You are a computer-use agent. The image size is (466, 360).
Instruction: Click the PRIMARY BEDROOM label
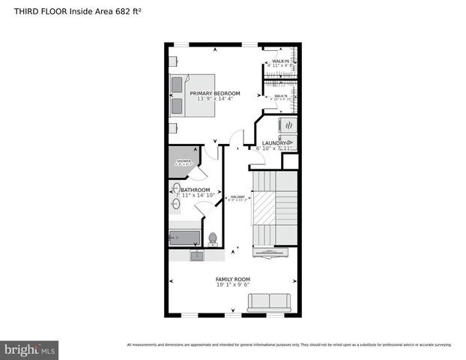pos(220,93)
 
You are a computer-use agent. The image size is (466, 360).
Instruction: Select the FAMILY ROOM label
pos(233,279)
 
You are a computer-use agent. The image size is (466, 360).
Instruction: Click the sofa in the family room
pos(268,301)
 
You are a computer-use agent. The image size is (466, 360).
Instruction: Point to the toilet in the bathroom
pos(213,238)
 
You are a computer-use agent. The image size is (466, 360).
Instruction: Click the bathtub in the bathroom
pos(184,238)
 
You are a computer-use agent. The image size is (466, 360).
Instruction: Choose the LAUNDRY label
pos(275,142)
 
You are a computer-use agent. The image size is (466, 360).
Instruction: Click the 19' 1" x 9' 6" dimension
pos(233,285)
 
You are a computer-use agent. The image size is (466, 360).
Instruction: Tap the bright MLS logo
pos(30,350)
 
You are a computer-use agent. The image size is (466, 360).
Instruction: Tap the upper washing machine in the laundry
pos(288,124)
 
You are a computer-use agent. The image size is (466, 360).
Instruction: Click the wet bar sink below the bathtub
pos(196,256)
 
